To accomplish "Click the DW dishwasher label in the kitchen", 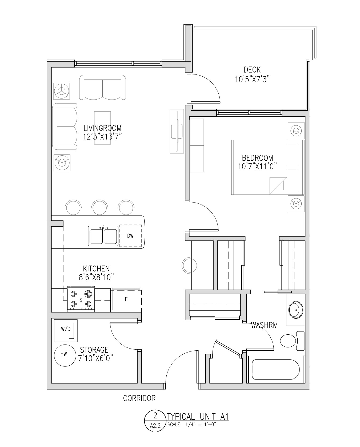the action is pos(130,236).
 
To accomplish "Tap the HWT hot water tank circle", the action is pos(65,354).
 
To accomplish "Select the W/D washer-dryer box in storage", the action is pos(66,331).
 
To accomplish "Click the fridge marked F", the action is pos(126,299).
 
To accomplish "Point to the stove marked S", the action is pos(81,300).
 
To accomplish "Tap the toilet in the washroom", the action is pos(292,341).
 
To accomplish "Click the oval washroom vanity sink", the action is pos(296,310).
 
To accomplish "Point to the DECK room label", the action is pos(252,70).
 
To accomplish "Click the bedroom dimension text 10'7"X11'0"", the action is pos(257,166).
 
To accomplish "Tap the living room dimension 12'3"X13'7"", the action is pos(102,137).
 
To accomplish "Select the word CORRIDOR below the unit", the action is pos(139,398).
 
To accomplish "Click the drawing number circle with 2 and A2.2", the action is pos(155,421).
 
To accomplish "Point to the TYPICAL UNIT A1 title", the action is pos(198,417).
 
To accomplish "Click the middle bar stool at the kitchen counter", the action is pos(100,207).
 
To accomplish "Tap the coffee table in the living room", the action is pos(102,128).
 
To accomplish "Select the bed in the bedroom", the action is pos(268,167).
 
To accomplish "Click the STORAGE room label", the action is pos(94,350).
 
